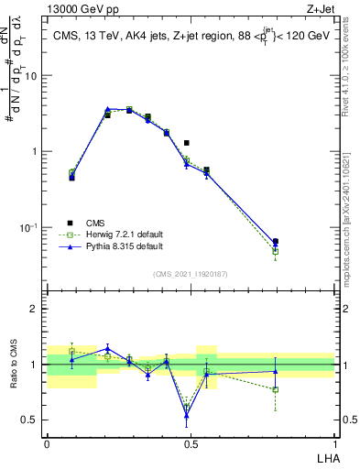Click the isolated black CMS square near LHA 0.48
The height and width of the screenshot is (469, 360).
pos(186,143)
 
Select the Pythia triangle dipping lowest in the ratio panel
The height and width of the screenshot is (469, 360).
pos(186,416)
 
